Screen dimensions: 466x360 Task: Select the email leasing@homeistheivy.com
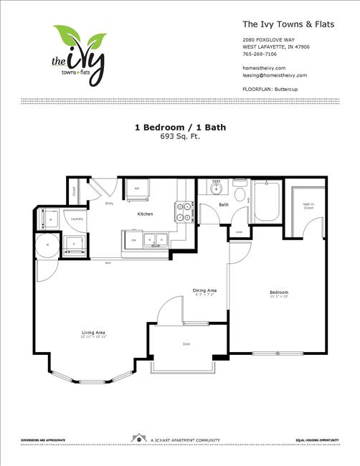[275, 75]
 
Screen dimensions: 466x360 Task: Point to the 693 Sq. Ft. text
[179, 135]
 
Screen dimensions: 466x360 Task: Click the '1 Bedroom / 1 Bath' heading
[179, 128]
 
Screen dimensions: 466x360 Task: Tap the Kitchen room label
[146, 214]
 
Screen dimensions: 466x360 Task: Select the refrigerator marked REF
[137, 190]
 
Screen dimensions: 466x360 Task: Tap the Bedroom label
[279, 293]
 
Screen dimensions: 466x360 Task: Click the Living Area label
[94, 333]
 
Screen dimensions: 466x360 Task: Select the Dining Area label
[204, 290]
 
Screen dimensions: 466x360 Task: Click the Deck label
[186, 345]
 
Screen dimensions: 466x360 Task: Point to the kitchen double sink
[154, 240]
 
